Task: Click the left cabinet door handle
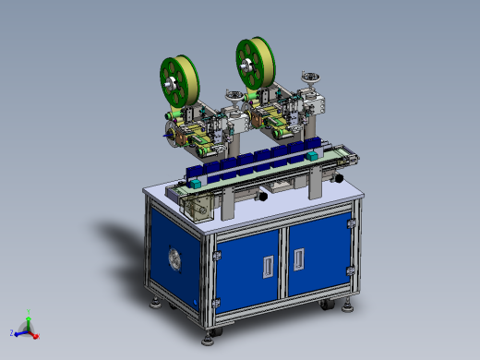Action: pos(268,266)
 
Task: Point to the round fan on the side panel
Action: pos(173,258)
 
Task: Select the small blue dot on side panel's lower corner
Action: pos(197,300)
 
